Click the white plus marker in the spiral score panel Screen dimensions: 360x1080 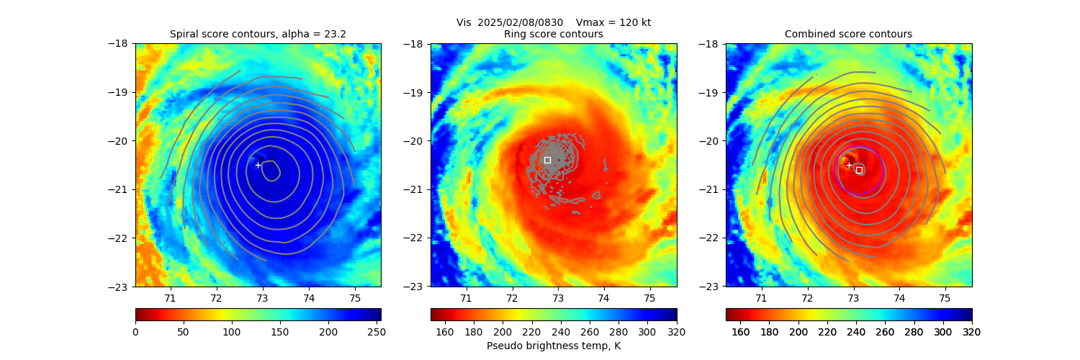258,165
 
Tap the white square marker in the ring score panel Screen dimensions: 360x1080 547,160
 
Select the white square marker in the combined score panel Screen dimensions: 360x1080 859,170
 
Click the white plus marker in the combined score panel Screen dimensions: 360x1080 849,165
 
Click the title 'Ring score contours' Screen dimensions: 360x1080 554,34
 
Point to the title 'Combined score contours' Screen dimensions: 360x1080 848,34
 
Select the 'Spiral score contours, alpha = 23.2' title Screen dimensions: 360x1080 258,34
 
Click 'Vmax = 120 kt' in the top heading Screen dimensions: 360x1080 613,22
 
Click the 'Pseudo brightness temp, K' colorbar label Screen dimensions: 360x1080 554,346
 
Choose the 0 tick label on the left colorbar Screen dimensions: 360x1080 135,332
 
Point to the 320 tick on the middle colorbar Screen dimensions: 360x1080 677,332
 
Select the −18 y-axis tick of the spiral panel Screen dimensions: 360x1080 120,43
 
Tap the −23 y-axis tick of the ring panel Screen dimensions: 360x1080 415,287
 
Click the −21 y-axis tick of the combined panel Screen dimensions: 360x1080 711,189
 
